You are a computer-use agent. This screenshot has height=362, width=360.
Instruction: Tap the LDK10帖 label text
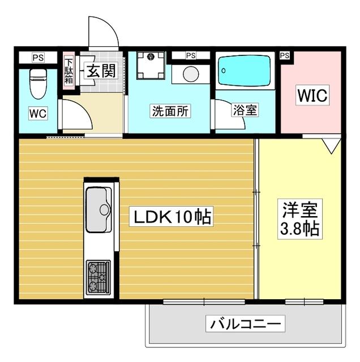point(173,217)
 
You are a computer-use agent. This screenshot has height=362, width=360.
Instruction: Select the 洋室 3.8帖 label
point(300,219)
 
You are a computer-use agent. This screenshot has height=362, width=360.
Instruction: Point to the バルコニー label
point(246,325)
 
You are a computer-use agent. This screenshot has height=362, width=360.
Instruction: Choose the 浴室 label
point(245,110)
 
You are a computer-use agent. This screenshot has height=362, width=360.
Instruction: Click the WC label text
point(38,113)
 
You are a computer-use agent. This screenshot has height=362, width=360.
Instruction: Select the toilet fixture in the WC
point(38,83)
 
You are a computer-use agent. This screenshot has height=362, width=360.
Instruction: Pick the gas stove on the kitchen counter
point(98,277)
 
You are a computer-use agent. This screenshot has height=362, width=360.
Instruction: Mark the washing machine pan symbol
point(150,67)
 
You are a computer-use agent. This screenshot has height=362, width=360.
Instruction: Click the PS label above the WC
point(38,58)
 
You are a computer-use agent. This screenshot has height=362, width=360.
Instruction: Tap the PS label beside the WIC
point(284,55)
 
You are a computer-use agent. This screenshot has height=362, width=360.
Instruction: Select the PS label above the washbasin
point(190,55)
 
